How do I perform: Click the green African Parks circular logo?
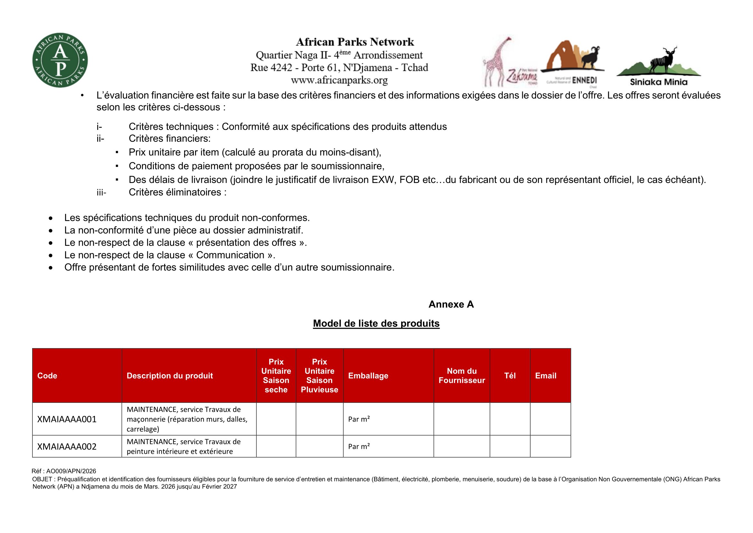(60, 60)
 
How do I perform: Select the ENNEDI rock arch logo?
(572, 61)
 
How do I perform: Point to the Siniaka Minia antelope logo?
(659, 66)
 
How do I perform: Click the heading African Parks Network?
(355, 42)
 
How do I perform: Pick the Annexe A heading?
(451, 304)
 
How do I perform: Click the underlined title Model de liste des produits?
(376, 323)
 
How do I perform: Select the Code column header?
(47, 375)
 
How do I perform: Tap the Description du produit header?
(170, 375)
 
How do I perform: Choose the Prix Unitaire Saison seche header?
(276, 375)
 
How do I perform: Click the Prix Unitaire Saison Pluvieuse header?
(319, 375)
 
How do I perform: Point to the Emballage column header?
(368, 375)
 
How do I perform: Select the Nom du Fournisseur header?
(461, 375)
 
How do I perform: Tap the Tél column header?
(510, 375)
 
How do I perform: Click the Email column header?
(546, 375)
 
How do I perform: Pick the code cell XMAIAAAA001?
(67, 419)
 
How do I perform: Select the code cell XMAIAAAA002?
(67, 446)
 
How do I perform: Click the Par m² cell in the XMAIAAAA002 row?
(359, 446)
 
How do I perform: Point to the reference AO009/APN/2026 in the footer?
(64, 471)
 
